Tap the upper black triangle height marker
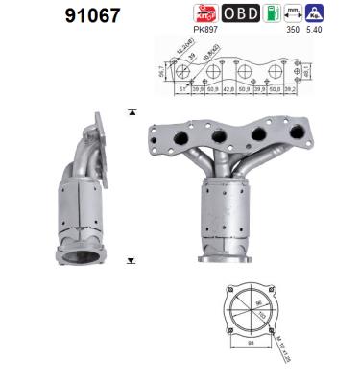(131, 113)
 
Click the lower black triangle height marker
(131, 260)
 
